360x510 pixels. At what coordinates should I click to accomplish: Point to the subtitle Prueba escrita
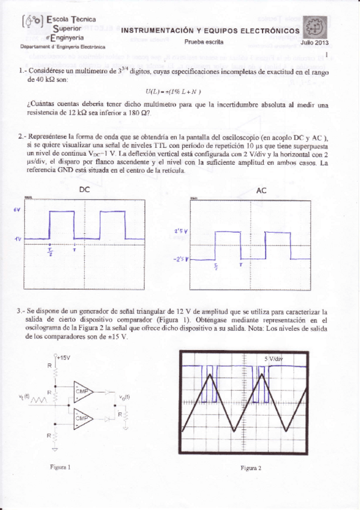point(204,42)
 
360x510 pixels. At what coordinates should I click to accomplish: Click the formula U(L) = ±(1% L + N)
point(173,91)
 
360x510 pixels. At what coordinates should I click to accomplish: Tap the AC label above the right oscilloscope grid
point(261,190)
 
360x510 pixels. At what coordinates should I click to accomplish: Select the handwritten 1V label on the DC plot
point(18,239)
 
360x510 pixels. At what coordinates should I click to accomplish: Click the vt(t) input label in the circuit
point(26,396)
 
